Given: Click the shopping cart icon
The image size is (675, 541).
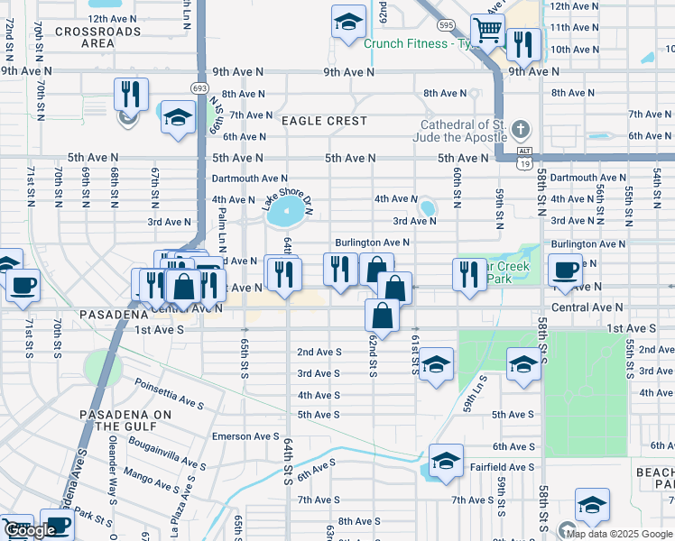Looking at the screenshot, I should pos(487,30).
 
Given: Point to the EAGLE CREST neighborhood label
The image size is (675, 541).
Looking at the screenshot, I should pos(324,121).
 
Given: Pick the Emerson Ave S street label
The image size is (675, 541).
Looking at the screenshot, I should pos(245,436).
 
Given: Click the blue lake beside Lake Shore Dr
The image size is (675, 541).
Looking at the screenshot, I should pos(288,215).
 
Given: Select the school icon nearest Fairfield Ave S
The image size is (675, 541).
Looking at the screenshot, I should pos(445,461).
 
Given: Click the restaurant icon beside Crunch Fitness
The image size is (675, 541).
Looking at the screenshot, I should pos(522,43).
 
